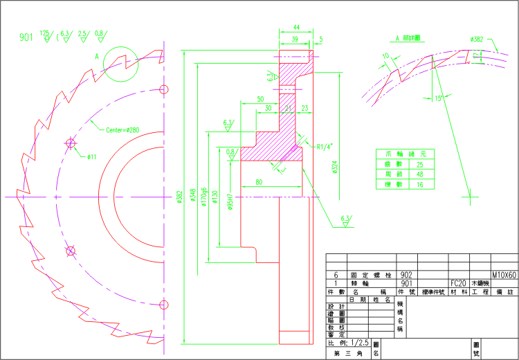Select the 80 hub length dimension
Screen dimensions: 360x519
(258, 182)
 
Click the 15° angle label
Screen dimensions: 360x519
(438, 98)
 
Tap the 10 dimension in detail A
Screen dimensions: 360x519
(385, 55)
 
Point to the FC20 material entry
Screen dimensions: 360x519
(457, 283)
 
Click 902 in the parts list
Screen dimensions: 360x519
(407, 274)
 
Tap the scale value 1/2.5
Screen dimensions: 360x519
(360, 343)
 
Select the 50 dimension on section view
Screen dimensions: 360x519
(259, 99)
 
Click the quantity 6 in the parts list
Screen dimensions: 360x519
(336, 274)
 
